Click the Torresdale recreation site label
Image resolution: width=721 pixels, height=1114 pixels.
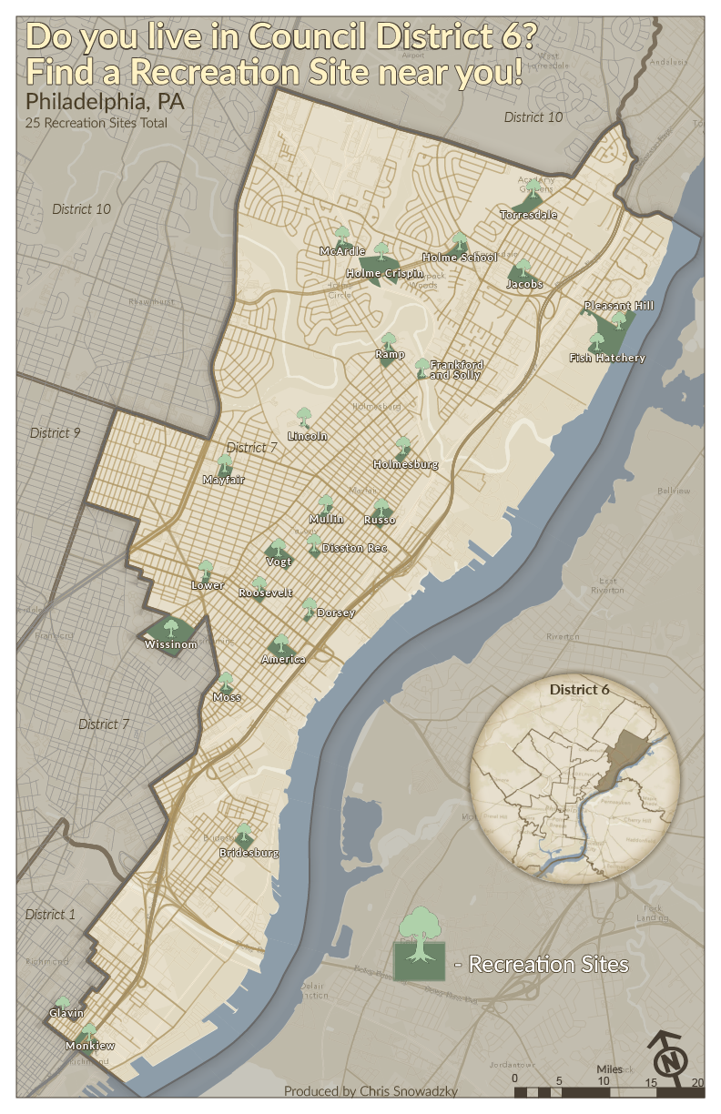528,215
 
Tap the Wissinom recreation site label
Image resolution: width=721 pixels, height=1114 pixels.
170,644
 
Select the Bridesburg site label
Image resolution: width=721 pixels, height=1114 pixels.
249,854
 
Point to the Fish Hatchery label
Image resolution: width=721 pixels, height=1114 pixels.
606,358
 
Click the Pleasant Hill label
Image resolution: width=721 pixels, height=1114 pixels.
619,306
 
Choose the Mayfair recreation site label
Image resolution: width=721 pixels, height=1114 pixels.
223,480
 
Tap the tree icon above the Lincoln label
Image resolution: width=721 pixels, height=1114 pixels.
305,418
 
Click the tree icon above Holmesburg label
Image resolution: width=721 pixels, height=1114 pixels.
403,446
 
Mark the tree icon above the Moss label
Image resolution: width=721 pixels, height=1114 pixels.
226,681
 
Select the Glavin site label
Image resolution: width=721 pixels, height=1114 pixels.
66,1013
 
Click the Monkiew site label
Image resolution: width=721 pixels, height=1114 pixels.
90,1047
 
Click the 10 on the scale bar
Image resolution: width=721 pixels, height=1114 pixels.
603,1080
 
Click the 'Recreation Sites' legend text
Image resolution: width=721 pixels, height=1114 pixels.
548,964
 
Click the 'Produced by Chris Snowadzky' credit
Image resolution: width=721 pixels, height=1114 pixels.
371,1091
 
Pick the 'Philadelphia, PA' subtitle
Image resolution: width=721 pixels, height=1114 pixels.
105,101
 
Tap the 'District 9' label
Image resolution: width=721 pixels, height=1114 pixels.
56,432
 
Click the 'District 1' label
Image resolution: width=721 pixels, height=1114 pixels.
51,914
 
